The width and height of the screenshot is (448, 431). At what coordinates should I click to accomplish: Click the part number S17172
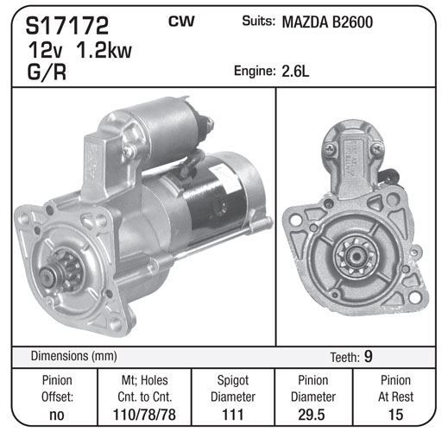coord(67,26)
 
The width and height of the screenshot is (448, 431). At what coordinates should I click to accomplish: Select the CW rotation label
coord(181,22)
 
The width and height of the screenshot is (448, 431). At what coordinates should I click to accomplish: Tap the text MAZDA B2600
coord(327,22)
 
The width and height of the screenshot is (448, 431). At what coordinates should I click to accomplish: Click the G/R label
coord(47,72)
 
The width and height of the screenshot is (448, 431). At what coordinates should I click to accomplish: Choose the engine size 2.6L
coord(295,71)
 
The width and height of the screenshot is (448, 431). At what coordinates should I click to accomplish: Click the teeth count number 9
coord(369,356)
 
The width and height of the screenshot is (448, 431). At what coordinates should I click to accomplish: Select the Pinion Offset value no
coord(57,415)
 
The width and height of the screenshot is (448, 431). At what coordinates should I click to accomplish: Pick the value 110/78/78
coord(144,415)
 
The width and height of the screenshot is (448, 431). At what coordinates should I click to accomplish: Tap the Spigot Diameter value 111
coord(233,415)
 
